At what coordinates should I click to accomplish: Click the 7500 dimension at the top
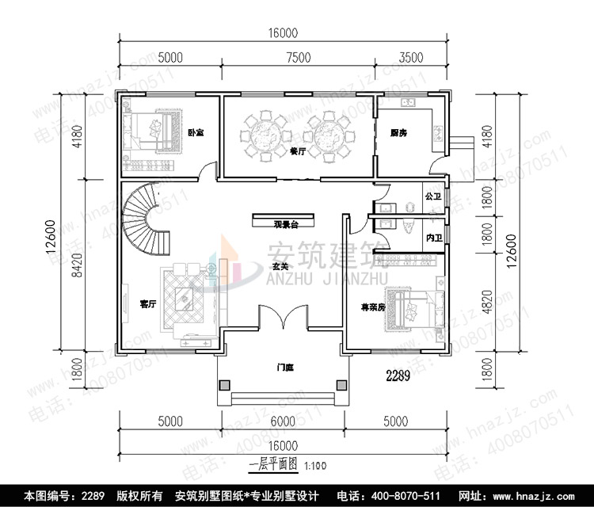click(x=298, y=57)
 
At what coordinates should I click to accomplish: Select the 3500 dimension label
click(x=411, y=57)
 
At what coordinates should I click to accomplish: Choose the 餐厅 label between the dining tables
click(x=298, y=151)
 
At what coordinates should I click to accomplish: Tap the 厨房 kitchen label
click(x=398, y=133)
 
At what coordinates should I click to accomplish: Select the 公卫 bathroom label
click(x=432, y=196)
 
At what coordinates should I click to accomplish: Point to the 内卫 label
click(x=432, y=237)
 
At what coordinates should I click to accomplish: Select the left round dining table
click(x=264, y=134)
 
